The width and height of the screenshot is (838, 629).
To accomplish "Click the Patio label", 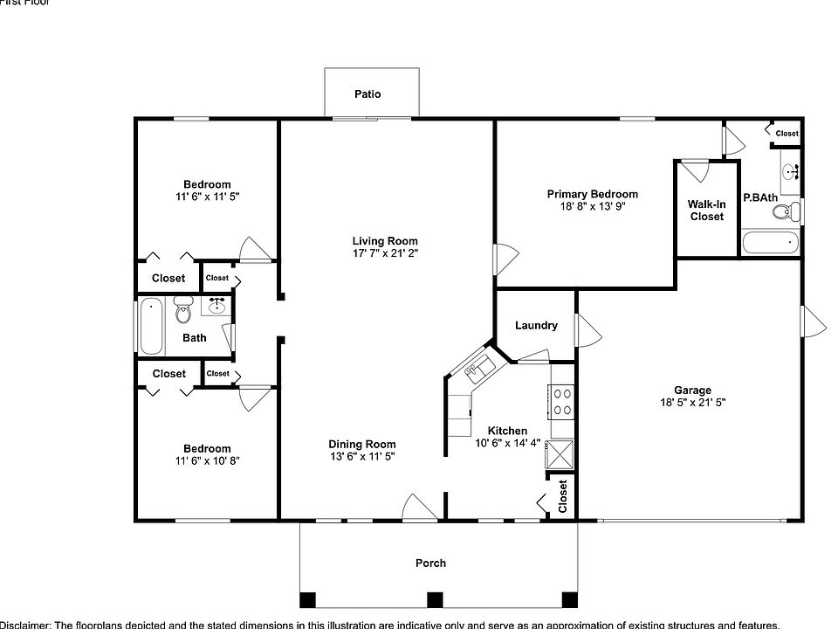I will click(x=367, y=94).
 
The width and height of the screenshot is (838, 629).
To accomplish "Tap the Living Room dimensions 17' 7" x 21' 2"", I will click(x=385, y=254).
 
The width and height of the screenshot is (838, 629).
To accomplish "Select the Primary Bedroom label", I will click(x=592, y=194).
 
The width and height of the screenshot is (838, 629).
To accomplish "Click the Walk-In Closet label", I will click(x=706, y=211).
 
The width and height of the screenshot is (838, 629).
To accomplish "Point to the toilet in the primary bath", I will click(x=789, y=210).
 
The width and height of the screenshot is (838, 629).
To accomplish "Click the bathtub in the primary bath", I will click(x=769, y=242).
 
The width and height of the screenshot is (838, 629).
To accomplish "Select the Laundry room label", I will click(x=536, y=326).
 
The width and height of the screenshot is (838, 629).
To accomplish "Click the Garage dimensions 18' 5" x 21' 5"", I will click(x=692, y=404).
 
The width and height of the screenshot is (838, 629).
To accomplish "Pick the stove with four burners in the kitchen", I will click(x=562, y=403).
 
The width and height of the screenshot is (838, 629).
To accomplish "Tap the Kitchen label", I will click(x=507, y=431).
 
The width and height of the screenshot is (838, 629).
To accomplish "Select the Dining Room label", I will click(x=361, y=444).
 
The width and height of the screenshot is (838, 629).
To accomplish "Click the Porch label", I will click(x=430, y=563).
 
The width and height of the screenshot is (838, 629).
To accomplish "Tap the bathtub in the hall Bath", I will click(x=151, y=326).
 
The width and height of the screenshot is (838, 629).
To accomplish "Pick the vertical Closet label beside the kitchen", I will click(x=563, y=497).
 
